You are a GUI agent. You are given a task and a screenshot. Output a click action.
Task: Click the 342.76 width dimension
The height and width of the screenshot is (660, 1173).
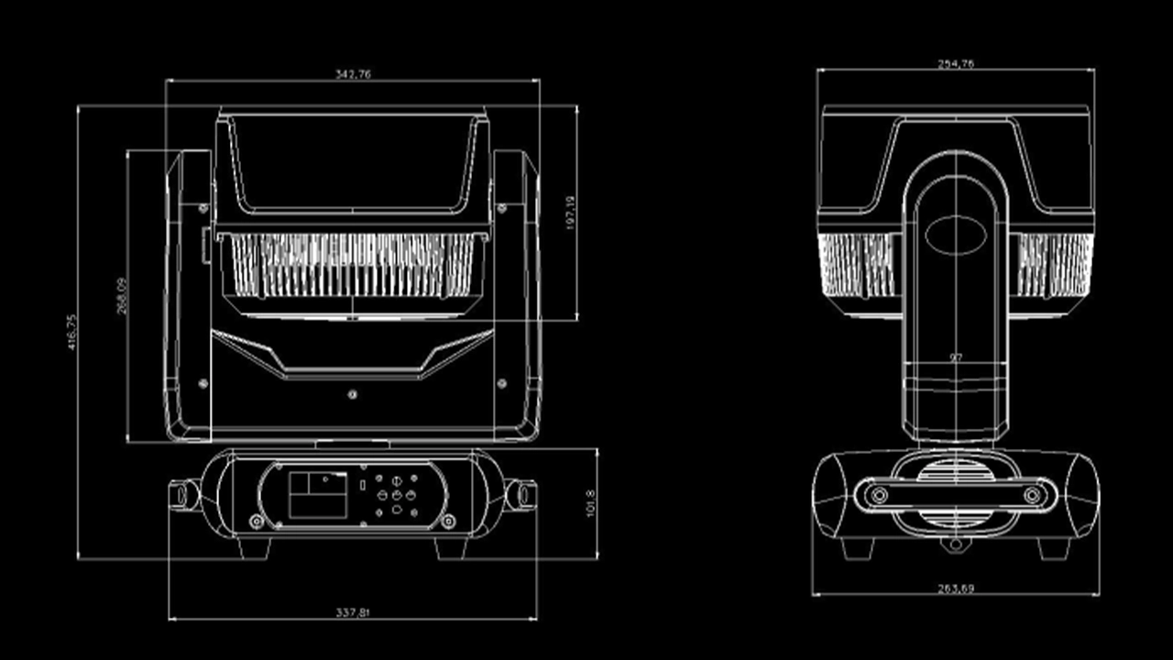click(x=353, y=74)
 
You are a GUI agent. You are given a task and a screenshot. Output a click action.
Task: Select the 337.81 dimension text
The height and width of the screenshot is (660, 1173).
click(x=353, y=611)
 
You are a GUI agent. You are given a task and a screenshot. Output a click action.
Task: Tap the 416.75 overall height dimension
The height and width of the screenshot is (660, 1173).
click(x=71, y=332)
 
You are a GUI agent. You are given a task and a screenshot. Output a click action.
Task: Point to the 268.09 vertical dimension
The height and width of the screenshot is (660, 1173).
click(x=122, y=297)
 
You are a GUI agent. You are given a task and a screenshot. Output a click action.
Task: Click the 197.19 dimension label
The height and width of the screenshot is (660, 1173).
click(x=570, y=213)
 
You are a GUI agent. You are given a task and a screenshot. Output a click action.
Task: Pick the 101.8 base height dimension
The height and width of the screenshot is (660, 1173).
click(x=590, y=503)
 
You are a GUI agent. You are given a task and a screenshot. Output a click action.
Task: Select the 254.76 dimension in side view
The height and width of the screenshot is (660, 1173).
click(x=956, y=63)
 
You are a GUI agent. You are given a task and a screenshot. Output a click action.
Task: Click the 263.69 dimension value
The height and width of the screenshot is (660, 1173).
click(x=956, y=588)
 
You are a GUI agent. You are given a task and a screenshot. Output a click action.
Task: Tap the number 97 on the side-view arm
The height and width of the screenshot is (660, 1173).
click(x=956, y=357)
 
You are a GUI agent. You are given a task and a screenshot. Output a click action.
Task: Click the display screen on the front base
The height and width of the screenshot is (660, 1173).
click(x=318, y=494)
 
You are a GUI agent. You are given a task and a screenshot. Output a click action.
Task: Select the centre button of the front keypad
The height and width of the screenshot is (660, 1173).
click(x=396, y=495)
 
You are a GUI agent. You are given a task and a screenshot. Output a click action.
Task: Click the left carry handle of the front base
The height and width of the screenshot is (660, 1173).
click(x=184, y=495)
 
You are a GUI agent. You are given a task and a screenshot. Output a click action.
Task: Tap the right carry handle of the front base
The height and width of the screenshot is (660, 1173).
click(x=521, y=495)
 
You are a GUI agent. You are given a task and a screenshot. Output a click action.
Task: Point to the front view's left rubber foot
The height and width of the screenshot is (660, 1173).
click(x=254, y=547)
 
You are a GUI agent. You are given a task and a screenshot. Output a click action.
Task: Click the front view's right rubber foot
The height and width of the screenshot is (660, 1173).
click(x=451, y=547)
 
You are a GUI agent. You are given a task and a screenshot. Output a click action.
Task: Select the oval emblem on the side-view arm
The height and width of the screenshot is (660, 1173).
click(x=956, y=234)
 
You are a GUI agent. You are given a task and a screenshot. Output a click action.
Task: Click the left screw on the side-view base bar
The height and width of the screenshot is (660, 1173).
click(x=879, y=496)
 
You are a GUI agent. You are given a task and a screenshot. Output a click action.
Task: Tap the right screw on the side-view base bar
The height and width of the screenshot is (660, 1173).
click(x=1033, y=496)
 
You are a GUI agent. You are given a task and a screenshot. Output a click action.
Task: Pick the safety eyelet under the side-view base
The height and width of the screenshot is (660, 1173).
click(x=956, y=544)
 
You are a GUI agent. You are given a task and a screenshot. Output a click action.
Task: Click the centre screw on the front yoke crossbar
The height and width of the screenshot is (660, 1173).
click(x=352, y=394)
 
